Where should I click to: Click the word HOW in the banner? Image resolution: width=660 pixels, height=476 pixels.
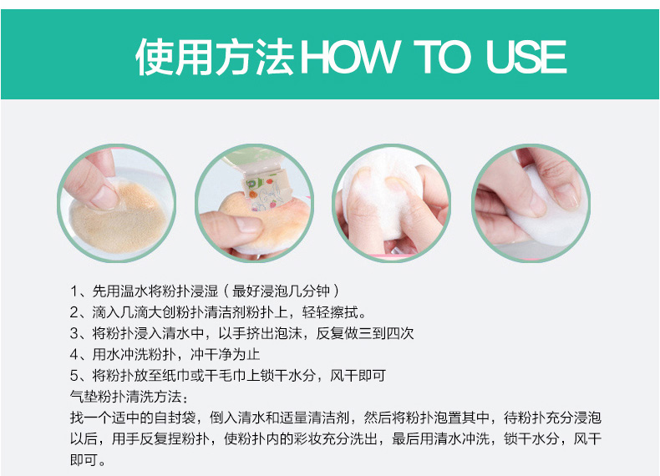(349, 57)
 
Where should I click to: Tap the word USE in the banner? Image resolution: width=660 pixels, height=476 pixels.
(526, 57)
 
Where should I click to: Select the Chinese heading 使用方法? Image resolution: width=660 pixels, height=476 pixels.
(215, 57)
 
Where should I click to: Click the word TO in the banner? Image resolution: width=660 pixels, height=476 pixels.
(442, 57)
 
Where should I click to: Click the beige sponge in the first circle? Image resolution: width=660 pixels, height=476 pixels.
(119, 220)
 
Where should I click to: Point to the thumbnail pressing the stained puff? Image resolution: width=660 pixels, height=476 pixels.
(103, 196)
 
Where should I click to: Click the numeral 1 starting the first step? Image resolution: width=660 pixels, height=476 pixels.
(74, 291)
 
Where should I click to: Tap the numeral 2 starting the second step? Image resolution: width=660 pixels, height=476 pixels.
(74, 312)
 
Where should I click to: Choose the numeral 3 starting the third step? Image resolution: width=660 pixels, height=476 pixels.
(74, 333)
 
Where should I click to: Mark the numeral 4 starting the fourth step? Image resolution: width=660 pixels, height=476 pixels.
(74, 354)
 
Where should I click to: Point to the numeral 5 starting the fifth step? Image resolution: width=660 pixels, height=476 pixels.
(74, 376)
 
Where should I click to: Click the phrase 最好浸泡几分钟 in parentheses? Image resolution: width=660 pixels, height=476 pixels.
(281, 291)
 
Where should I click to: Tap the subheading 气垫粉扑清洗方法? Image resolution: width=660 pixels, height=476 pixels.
(126, 397)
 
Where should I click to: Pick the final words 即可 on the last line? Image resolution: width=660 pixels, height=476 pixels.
(84, 459)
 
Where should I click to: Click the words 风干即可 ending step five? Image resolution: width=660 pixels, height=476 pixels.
(358, 376)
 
